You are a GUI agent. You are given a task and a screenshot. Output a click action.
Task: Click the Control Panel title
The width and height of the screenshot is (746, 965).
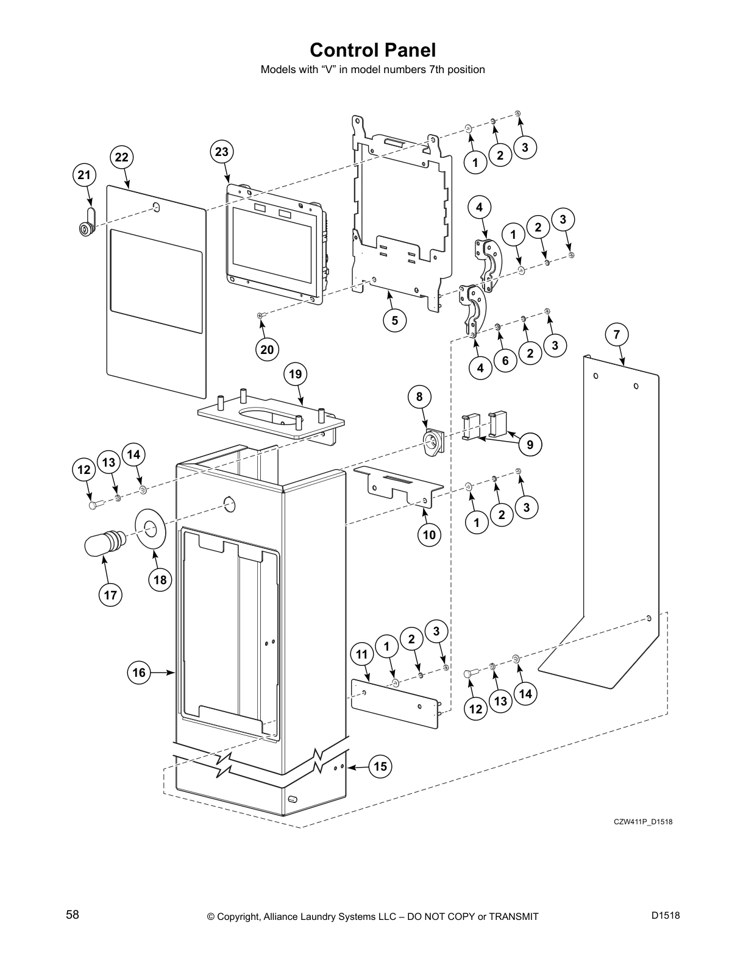pos(372,49)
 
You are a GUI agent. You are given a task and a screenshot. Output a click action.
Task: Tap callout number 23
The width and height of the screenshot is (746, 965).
pos(221,152)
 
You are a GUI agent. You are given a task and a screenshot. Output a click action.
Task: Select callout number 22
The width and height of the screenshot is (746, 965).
pos(122,158)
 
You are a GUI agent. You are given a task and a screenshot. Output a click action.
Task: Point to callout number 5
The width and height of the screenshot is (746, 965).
pos(395,320)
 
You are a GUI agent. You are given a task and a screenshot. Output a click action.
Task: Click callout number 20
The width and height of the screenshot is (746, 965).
pos(267,349)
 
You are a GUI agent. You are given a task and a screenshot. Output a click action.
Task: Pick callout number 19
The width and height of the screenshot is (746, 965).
pos(296,374)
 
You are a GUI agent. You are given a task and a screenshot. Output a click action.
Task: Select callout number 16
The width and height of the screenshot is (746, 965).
pos(140,672)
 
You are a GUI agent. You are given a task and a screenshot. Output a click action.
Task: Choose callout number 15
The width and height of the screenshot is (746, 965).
pos(380,766)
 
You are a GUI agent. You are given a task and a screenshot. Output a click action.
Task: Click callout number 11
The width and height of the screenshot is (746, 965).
pos(362,654)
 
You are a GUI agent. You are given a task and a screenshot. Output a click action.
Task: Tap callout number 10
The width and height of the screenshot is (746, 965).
pos(429,535)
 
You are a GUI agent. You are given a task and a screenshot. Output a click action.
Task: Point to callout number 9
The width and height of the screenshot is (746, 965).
pos(530,445)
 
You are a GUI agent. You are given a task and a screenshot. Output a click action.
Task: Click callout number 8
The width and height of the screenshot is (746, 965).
pos(419,397)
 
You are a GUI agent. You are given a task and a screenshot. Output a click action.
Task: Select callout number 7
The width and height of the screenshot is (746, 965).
pos(617,334)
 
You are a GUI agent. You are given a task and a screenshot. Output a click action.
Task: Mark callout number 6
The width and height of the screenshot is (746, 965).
pos(505,361)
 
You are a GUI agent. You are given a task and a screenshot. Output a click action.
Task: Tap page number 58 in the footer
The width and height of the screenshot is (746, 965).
pos(73,915)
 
